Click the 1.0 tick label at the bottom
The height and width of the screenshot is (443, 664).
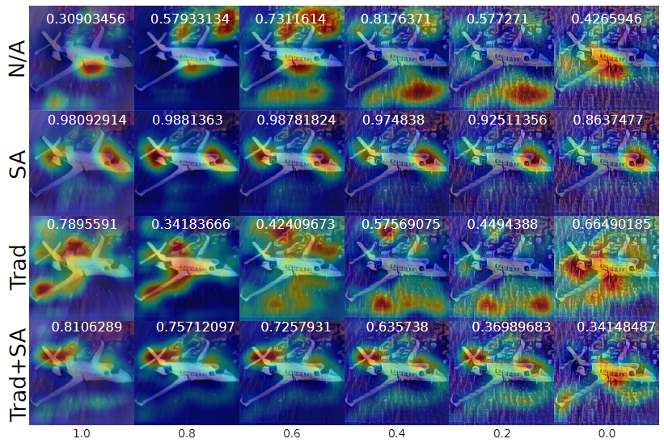pos(82,434)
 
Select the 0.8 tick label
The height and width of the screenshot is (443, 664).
pos(187,434)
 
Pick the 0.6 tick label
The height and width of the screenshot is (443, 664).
pos(292,434)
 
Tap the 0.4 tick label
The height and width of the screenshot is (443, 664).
pos(397,434)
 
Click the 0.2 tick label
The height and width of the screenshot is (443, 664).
pos(502,434)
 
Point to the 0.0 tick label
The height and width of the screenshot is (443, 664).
pos(607,434)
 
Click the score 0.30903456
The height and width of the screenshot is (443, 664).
pos(85,19)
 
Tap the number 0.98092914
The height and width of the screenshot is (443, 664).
pos(87,120)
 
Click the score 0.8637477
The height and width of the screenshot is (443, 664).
pos(607,120)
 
